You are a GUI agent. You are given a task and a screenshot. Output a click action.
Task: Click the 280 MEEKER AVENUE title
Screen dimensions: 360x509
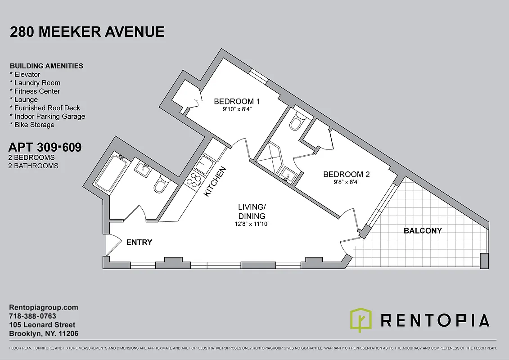pyautogui.click(x=87, y=32)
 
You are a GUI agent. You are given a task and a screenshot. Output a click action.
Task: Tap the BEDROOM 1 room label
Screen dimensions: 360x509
pyautogui.click(x=237, y=101)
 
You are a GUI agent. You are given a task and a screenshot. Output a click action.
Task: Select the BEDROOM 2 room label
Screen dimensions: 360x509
pyautogui.click(x=349, y=174)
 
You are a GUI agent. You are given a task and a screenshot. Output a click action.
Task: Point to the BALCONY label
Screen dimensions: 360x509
pyautogui.click(x=423, y=231)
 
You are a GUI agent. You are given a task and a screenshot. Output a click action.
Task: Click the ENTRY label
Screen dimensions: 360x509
pyautogui.click(x=139, y=243)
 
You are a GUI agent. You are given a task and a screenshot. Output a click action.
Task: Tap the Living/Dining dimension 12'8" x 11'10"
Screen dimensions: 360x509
pyautogui.click(x=251, y=224)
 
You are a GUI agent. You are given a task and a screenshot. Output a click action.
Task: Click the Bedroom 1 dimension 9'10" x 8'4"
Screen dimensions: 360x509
pyautogui.click(x=237, y=108)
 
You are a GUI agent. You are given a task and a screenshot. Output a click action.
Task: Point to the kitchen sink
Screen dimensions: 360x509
pyautogui.click(x=205, y=163)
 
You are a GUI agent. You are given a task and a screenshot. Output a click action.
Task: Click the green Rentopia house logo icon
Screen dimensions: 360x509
pyautogui.click(x=361, y=320)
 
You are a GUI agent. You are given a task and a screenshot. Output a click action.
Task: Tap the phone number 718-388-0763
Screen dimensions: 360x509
pyautogui.click(x=33, y=316)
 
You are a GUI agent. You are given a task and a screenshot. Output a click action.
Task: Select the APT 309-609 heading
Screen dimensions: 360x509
pyautogui.click(x=45, y=147)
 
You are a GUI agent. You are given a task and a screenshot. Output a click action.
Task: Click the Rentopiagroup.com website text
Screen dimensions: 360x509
pyautogui.click(x=44, y=308)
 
